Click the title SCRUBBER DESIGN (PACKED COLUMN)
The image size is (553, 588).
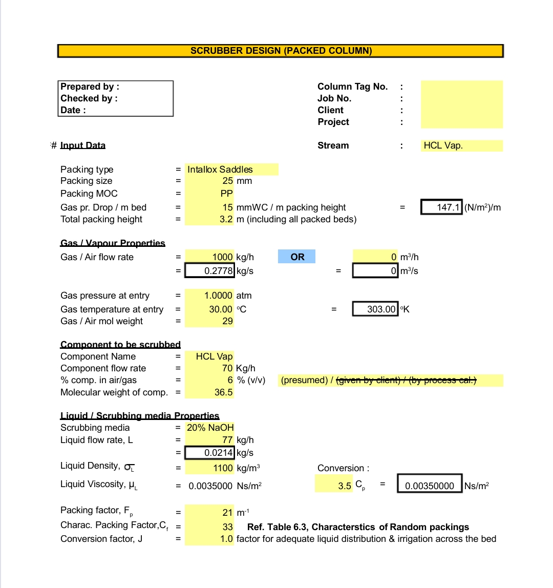pyautogui.click(x=281, y=51)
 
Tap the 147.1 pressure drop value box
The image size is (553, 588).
pyautogui.click(x=442, y=207)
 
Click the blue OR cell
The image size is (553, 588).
pyautogui.click(x=297, y=257)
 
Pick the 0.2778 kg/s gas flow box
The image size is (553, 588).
pyautogui.click(x=210, y=271)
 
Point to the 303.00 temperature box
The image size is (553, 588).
pyautogui.click(x=375, y=309)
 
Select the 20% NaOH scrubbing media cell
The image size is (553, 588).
pyautogui.click(x=210, y=428)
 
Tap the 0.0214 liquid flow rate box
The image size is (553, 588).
pyautogui.click(x=210, y=453)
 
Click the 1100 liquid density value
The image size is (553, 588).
pyautogui.click(x=223, y=468)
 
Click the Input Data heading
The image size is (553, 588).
pyautogui.click(x=82, y=145)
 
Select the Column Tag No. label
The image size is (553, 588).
pyautogui.click(x=352, y=87)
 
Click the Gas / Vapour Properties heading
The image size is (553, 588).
pyautogui.click(x=113, y=243)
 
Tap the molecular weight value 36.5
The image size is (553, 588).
pyautogui.click(x=224, y=393)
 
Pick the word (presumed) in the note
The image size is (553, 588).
pyautogui.click(x=304, y=380)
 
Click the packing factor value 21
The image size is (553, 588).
pyautogui.click(x=228, y=512)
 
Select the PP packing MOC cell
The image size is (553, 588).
pyautogui.click(x=227, y=194)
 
